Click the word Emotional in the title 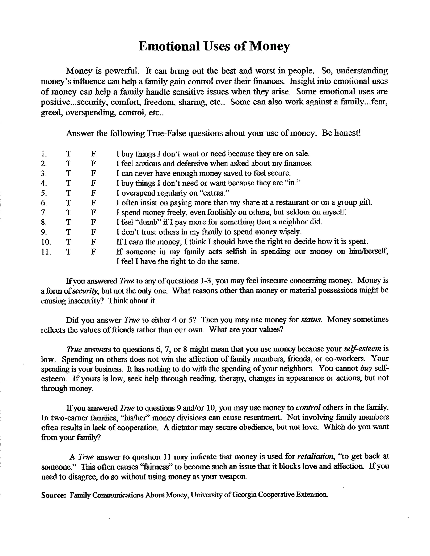169,46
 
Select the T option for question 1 68,154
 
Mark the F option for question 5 93,193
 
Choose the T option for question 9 68,232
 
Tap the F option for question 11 93,252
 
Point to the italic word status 311,320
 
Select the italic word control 308,408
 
